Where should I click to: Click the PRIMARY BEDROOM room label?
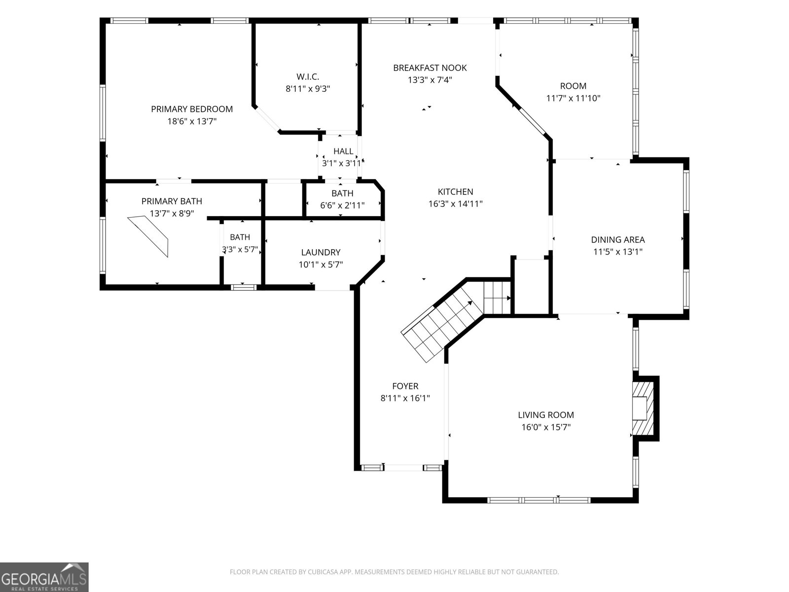click(192, 109)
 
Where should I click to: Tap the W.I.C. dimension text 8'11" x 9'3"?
click(308, 89)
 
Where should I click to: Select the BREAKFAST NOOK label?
click(430, 68)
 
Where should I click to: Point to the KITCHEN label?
click(456, 191)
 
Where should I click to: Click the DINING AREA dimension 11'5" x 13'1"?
click(618, 252)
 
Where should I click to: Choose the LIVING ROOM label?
click(546, 415)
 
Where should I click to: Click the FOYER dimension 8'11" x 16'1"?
click(405, 398)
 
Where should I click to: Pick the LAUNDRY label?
click(321, 252)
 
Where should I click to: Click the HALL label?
click(343, 151)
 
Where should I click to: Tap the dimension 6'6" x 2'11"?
click(342, 205)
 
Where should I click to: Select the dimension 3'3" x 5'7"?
click(240, 249)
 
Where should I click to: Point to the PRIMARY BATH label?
click(172, 201)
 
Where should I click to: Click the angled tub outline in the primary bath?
click(148, 235)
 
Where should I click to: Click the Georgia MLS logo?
click(44, 577)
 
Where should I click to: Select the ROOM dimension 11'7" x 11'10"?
click(574, 98)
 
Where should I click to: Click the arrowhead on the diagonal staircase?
click(470, 303)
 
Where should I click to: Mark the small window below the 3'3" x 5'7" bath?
click(243, 287)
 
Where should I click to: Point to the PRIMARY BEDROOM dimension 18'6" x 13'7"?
click(192, 121)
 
